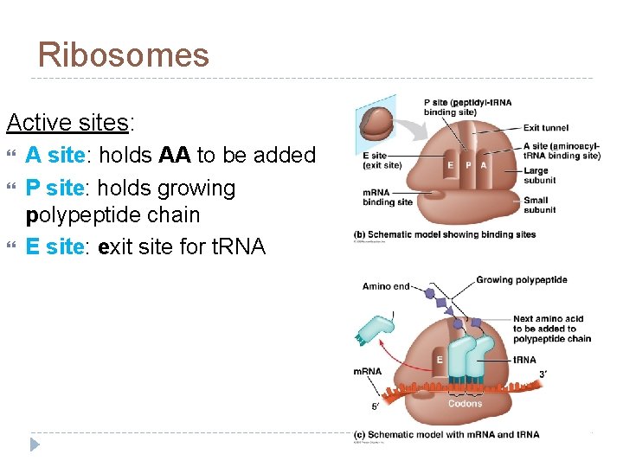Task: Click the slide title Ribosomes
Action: point(123,55)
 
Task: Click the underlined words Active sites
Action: point(67,123)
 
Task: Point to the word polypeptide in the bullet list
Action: point(112,215)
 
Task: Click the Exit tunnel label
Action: point(546,129)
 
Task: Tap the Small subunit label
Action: point(540,205)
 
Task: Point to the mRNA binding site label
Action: point(387,196)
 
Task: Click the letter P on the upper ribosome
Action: point(468,165)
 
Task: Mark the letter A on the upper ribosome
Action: point(483,165)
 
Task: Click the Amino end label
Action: point(386,286)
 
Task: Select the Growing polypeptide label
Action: point(521,280)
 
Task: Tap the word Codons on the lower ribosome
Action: point(466,404)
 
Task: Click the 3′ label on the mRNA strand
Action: point(543,374)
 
